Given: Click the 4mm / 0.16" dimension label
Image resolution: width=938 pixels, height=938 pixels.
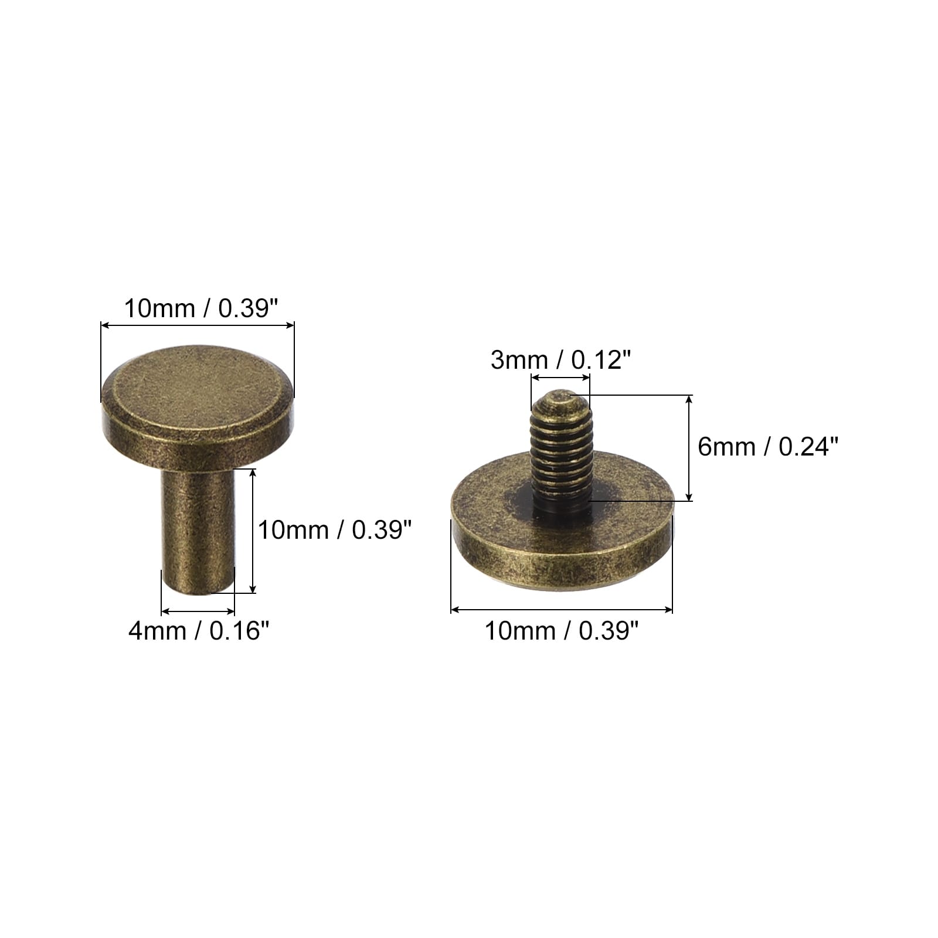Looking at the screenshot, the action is pos(199,631).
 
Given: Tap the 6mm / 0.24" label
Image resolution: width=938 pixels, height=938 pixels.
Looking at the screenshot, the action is pos(769,447).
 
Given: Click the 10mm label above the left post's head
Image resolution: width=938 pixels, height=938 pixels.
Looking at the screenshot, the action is pos(200,308).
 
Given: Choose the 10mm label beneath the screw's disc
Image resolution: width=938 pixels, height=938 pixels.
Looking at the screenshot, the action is pos(561,631).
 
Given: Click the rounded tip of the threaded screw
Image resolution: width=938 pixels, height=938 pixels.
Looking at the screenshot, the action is pos(560,400).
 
